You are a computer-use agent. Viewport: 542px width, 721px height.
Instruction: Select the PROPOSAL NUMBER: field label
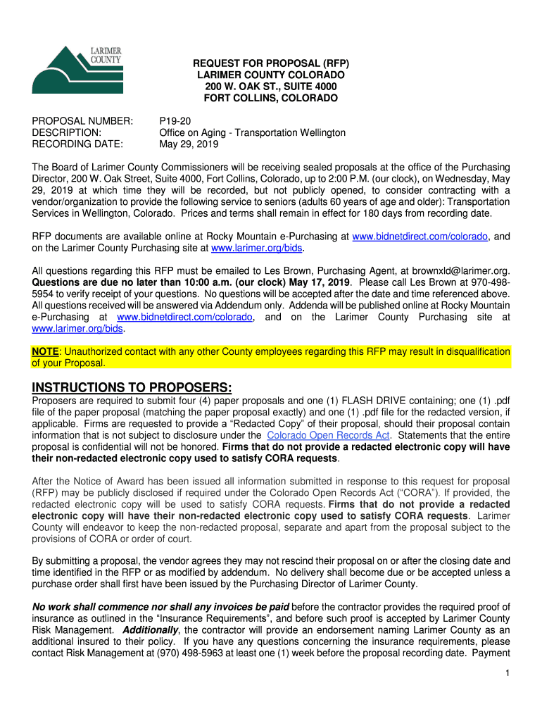click(82, 121)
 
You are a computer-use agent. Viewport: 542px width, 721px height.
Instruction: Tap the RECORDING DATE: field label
click(77, 144)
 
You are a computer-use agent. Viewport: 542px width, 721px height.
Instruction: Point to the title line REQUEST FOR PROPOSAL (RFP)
click(271, 63)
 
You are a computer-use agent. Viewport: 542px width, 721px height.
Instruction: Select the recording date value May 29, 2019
click(189, 144)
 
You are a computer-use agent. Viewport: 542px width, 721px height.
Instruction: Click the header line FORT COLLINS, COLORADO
click(271, 98)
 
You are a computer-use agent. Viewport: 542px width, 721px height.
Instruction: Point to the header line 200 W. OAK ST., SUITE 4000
click(271, 87)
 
